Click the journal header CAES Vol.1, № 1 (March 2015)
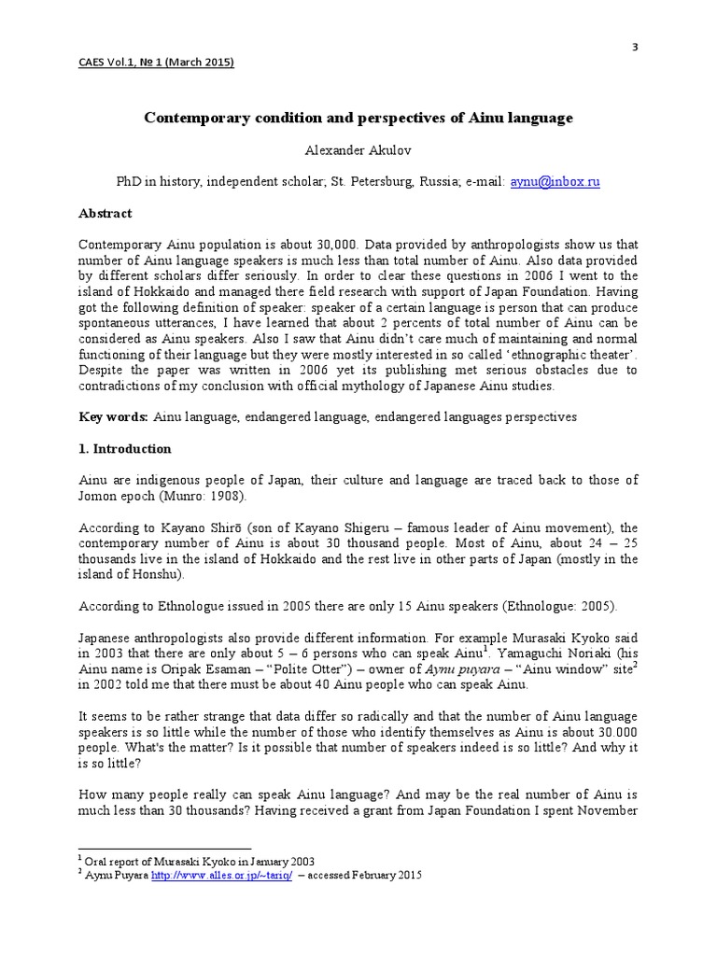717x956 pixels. (x=156, y=63)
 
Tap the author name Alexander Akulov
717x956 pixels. (x=358, y=150)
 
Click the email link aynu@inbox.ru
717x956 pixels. (x=555, y=182)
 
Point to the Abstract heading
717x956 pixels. (x=105, y=214)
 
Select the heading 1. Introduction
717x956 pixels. (x=124, y=449)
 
